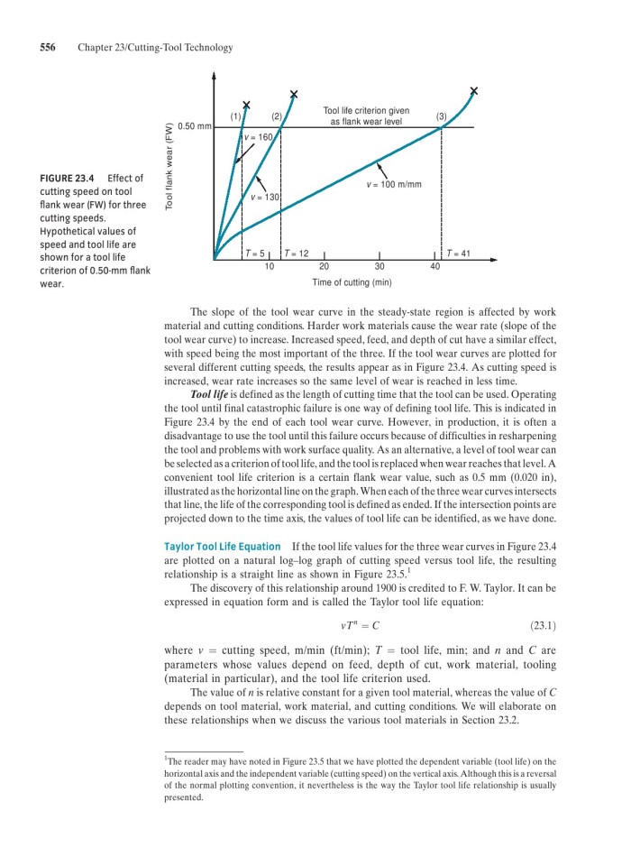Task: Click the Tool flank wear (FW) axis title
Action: (x=168, y=168)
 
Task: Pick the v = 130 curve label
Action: (x=266, y=197)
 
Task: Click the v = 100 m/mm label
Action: (x=394, y=185)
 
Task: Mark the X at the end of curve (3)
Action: (x=474, y=90)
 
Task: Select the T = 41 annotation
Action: (x=458, y=253)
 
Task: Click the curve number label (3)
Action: (x=441, y=116)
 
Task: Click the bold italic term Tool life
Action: (x=210, y=393)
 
